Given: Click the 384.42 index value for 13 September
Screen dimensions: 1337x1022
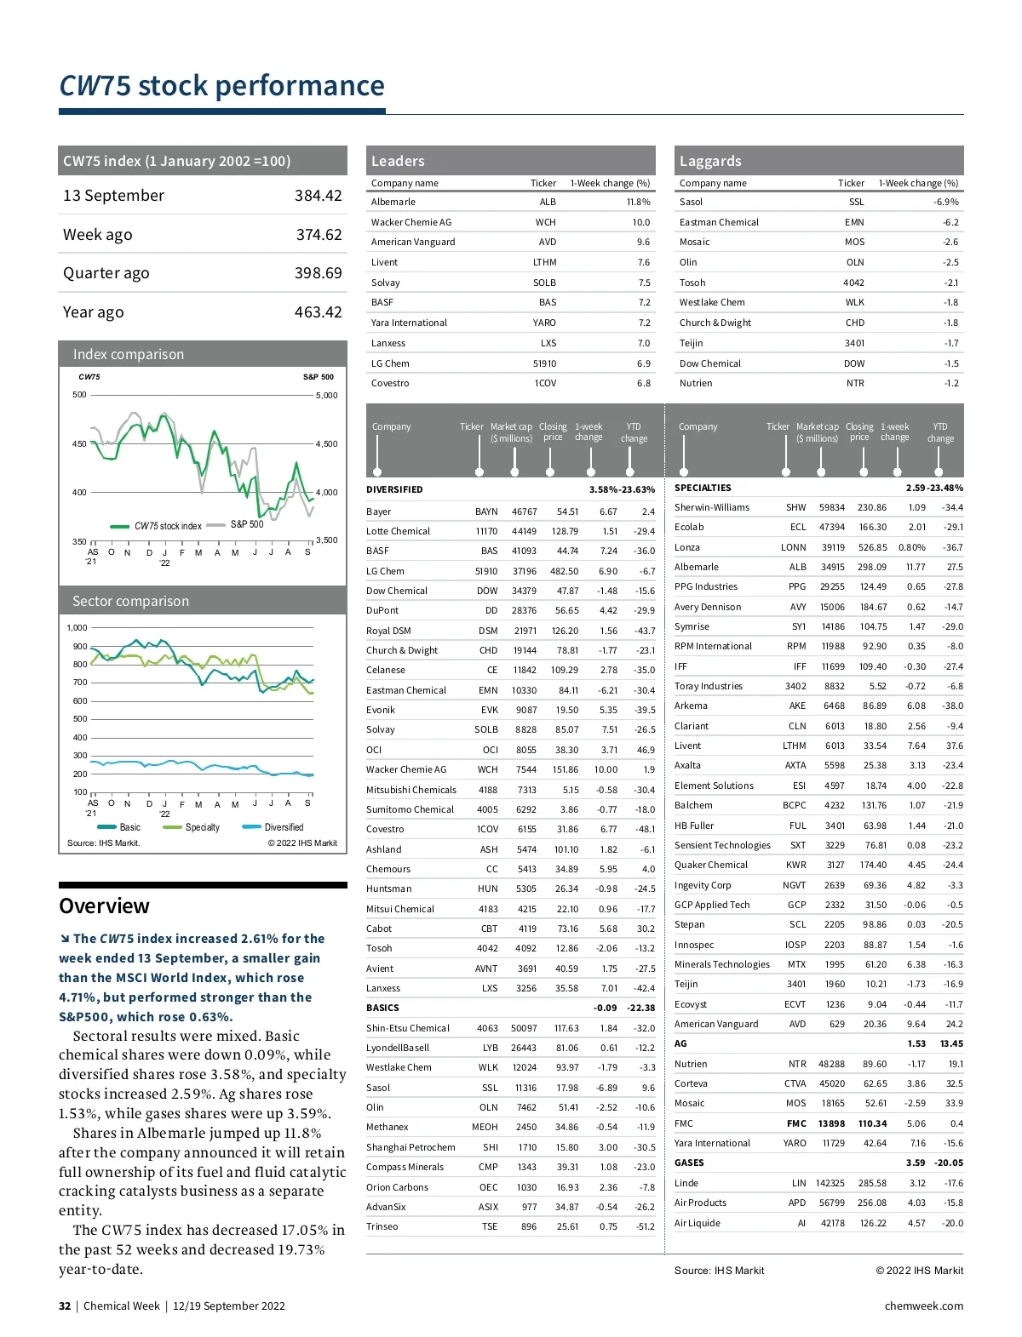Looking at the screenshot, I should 318,196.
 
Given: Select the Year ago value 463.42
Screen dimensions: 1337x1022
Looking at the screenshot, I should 318,312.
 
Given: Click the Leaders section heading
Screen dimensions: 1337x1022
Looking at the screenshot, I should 398,161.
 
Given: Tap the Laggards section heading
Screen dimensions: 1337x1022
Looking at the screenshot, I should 710,161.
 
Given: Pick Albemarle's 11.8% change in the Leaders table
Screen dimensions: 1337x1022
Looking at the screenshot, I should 638,203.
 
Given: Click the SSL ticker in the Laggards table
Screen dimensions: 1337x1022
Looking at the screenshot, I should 856,203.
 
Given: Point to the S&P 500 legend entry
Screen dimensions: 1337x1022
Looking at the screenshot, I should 246,525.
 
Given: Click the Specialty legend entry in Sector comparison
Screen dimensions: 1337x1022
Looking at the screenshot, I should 202,827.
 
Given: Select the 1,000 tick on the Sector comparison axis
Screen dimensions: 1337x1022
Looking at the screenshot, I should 77,628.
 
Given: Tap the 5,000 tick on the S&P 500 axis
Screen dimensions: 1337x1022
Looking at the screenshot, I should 326,396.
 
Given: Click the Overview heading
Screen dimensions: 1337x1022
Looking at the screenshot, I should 104,906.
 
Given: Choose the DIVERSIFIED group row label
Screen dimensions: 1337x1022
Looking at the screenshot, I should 394,489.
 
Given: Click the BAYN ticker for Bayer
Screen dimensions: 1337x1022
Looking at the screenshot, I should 486,512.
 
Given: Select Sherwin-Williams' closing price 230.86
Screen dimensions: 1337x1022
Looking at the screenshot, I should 871,507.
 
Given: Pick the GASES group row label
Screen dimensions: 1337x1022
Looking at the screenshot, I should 689,1163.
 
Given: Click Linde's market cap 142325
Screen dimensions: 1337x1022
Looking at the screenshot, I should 830,1183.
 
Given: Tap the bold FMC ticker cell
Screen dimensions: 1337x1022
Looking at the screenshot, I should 795,1123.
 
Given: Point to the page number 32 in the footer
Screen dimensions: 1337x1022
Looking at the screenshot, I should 65,1306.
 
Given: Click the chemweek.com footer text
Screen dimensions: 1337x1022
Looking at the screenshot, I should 923,1306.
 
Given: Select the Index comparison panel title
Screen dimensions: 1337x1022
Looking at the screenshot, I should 129,354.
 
